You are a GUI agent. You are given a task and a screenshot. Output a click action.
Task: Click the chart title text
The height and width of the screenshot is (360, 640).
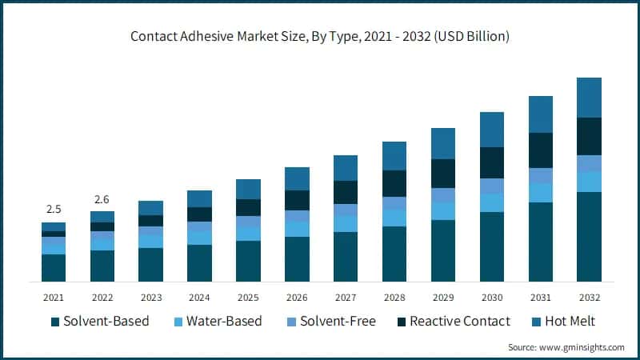coord(320,36)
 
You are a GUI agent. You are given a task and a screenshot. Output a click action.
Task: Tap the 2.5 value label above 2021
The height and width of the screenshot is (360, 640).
coord(54,209)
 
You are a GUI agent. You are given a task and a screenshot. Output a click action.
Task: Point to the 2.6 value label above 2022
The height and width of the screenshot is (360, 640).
coord(102,198)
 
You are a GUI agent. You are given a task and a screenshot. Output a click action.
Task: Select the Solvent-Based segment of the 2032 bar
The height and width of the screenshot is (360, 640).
coord(589,237)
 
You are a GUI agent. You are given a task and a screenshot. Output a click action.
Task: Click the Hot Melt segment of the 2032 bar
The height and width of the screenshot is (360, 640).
coord(589,98)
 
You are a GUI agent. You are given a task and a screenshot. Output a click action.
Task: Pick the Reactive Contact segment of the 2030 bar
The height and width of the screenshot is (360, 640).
coord(491,162)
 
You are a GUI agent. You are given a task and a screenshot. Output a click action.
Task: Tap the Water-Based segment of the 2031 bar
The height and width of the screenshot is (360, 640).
coord(540,193)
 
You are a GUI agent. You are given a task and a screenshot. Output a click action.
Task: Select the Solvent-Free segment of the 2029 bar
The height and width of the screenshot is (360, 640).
coord(442,195)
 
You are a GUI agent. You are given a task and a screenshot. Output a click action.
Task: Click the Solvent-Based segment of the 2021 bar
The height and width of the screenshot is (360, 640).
coord(54,267)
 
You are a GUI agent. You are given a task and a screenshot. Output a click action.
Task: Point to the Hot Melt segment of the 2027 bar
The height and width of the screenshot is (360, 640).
coord(346,168)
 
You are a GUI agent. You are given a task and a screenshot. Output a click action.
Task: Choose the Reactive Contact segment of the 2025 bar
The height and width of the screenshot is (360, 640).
coord(248,207)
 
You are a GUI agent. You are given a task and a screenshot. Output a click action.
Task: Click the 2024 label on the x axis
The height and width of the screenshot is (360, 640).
coord(199,298)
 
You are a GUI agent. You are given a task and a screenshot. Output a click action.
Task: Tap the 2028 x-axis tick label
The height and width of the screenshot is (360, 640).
coord(394,298)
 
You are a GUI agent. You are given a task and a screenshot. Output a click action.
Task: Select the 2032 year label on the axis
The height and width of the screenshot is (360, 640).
coord(589,298)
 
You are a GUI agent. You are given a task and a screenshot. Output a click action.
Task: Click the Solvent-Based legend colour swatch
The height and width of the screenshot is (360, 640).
coord(55,322)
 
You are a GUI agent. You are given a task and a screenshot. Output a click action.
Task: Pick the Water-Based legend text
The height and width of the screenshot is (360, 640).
coord(223,322)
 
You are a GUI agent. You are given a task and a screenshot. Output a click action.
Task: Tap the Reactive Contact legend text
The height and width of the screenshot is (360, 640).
coord(459,322)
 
